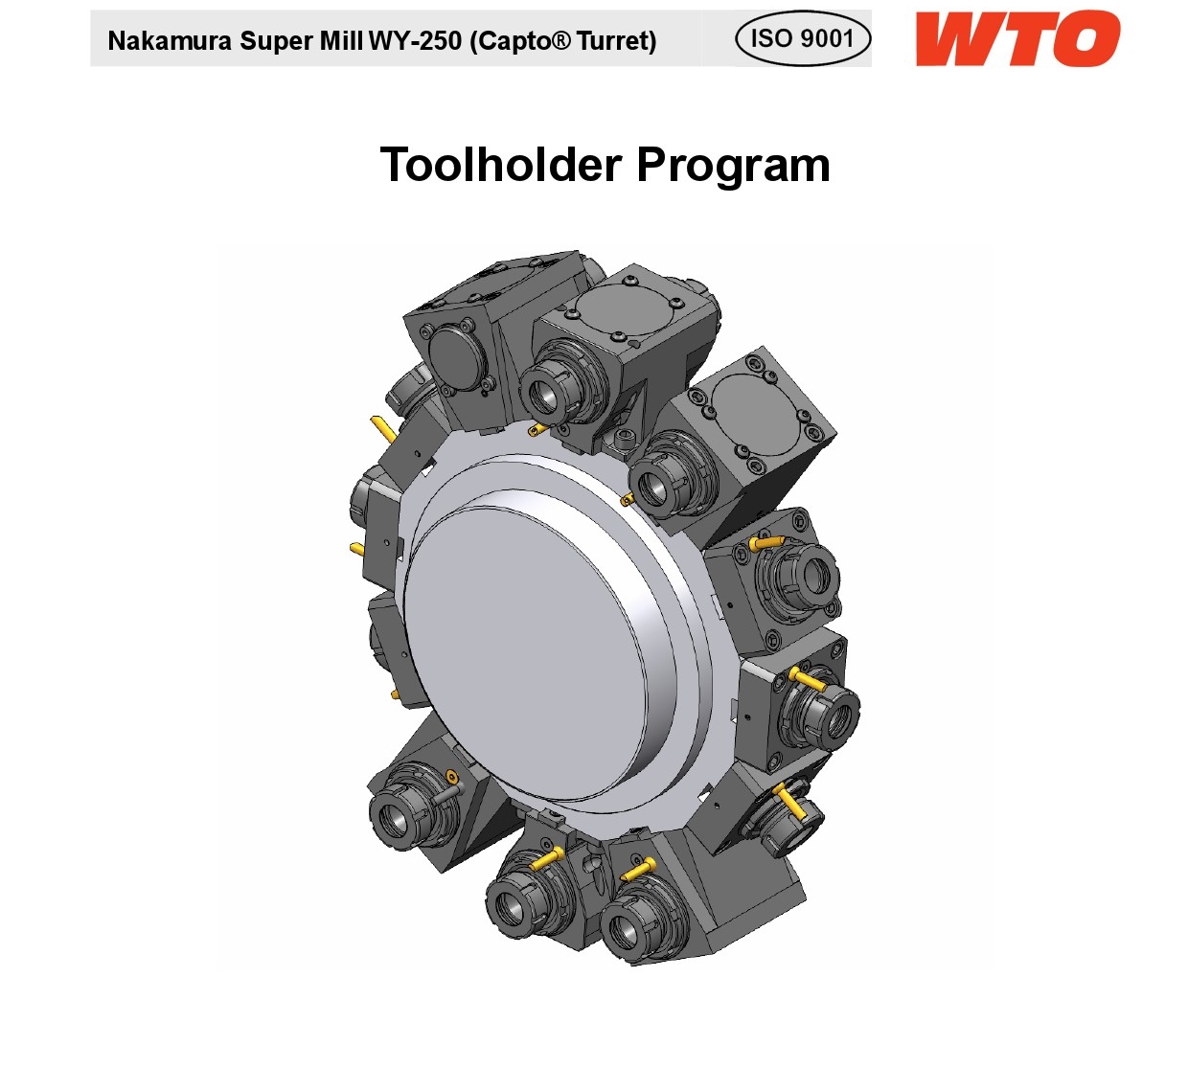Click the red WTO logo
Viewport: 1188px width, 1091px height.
pos(1017,39)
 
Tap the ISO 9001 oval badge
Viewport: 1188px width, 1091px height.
pos(803,39)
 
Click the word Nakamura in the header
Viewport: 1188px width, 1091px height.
pos(170,41)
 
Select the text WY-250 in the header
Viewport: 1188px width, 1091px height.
pos(415,41)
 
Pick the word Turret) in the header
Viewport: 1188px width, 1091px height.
pos(616,41)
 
